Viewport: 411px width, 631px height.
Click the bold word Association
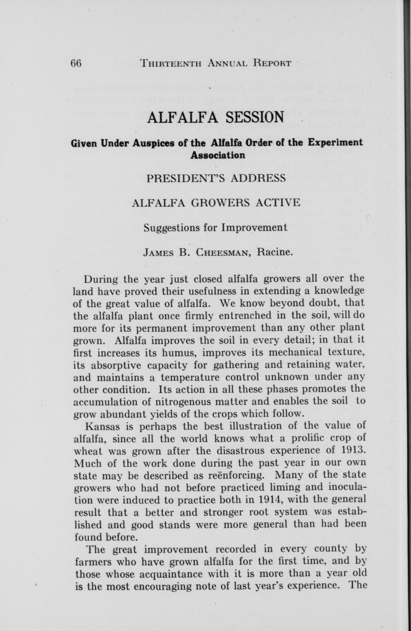pos(218,155)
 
